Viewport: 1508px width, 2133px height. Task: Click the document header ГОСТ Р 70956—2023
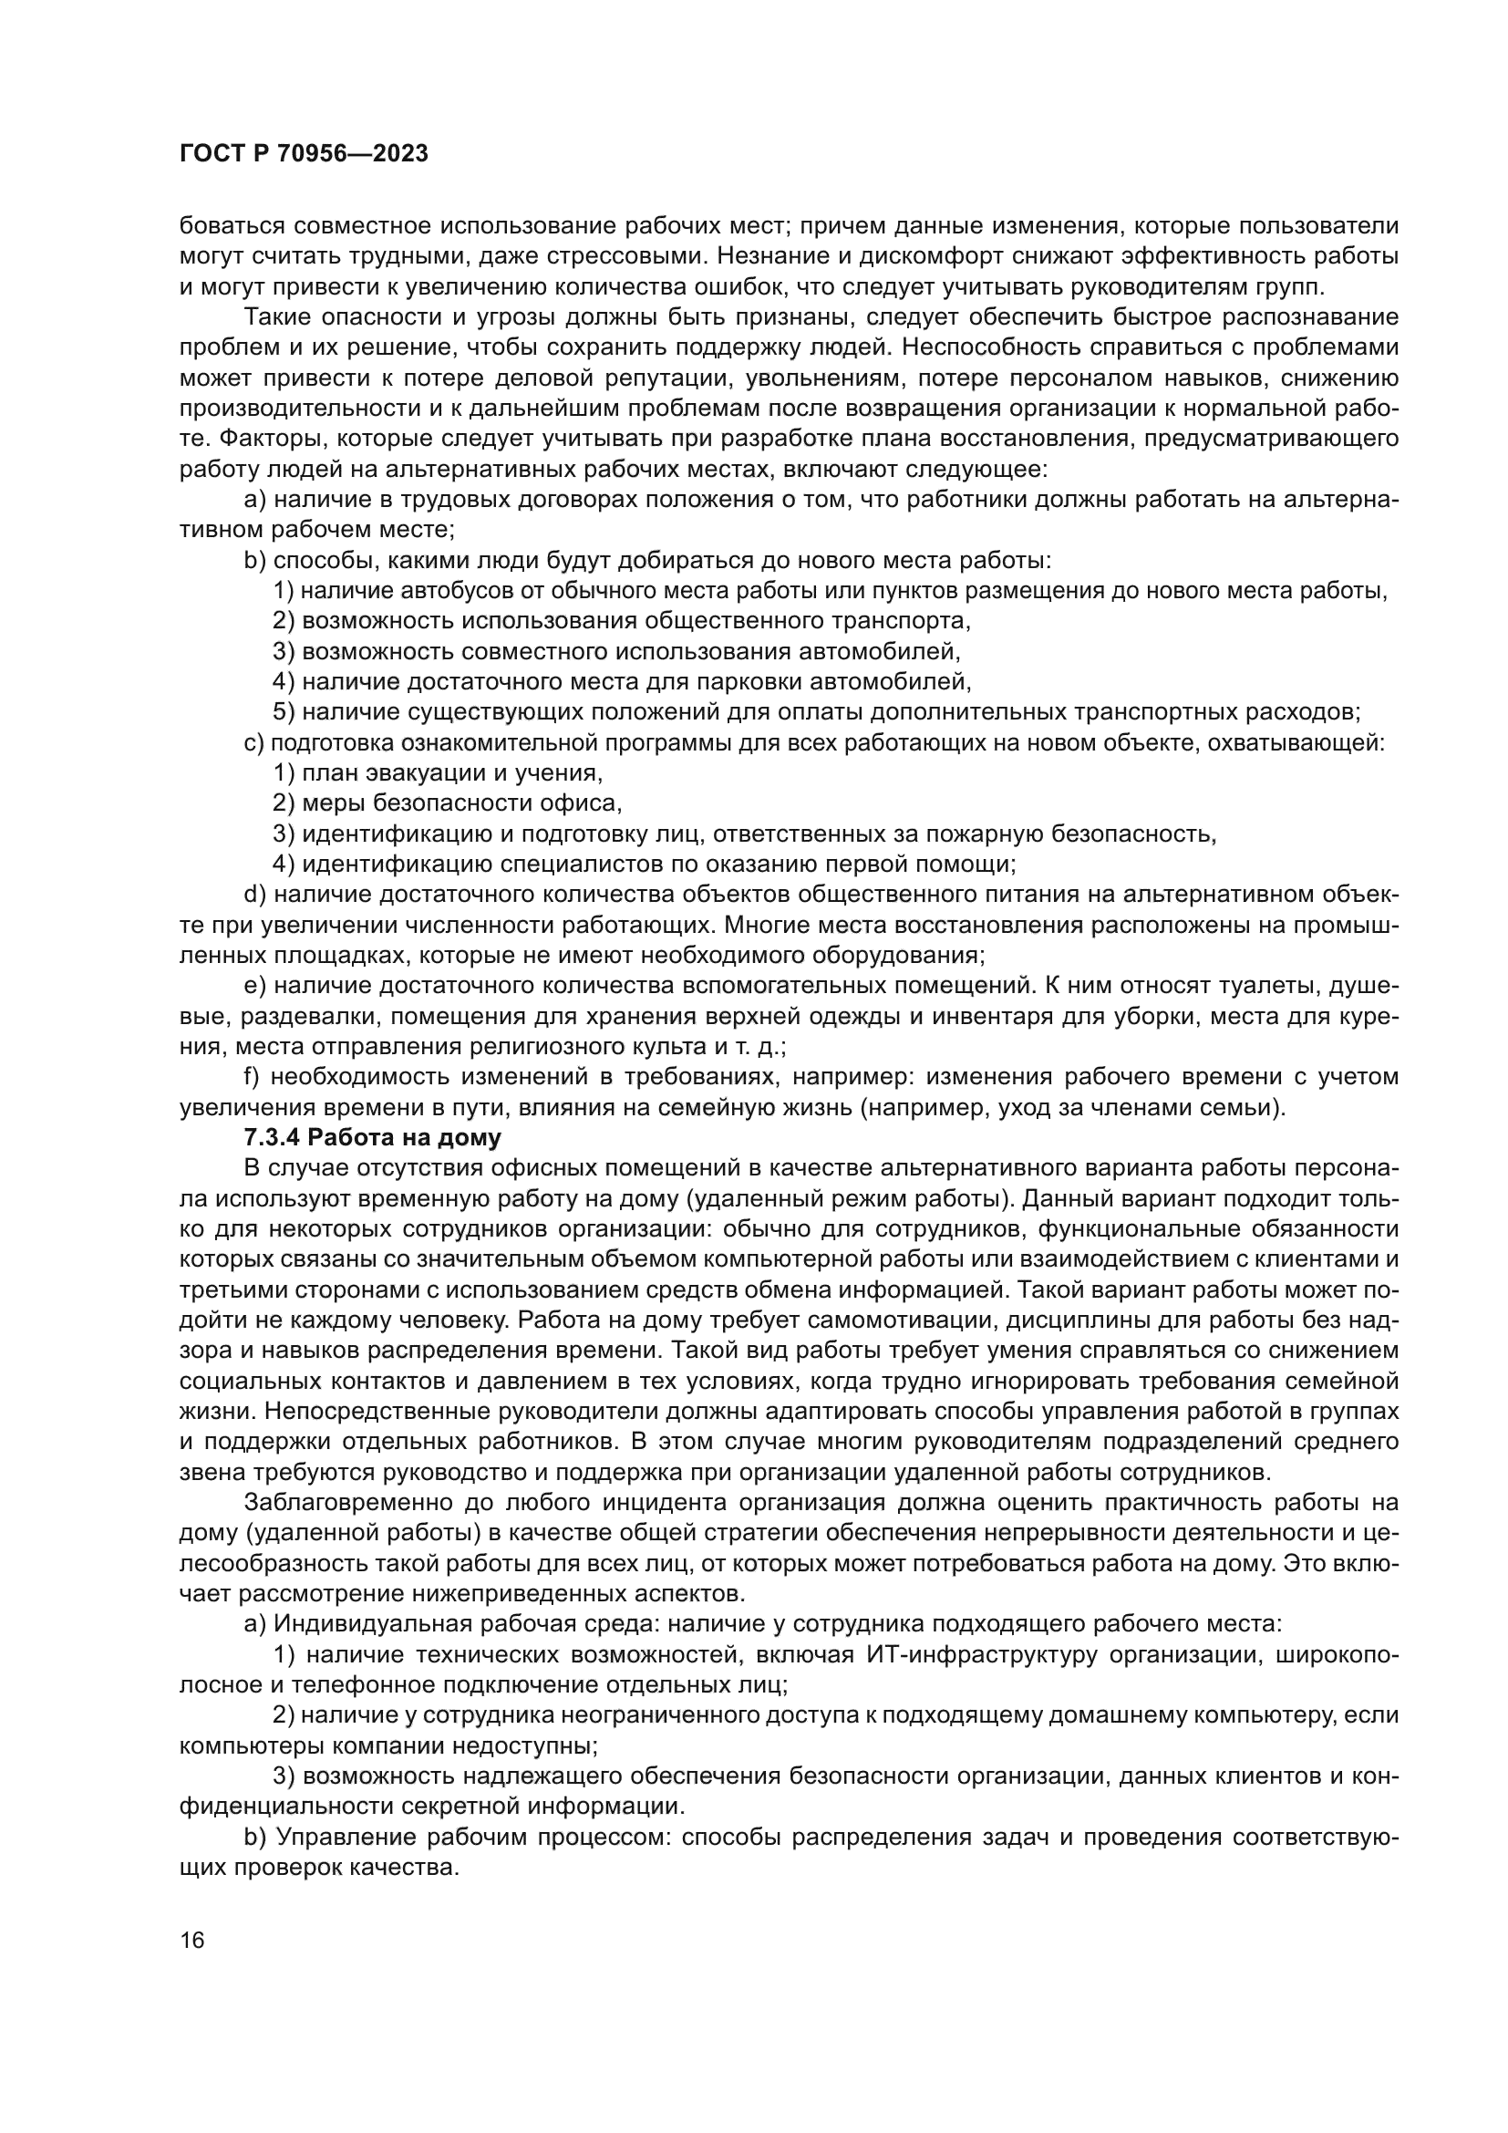[x=304, y=154]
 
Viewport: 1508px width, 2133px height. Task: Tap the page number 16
[x=192, y=1941]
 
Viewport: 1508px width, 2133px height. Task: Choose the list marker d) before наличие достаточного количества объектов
[x=254, y=895]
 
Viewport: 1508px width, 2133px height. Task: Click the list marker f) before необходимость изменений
[x=253, y=1077]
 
